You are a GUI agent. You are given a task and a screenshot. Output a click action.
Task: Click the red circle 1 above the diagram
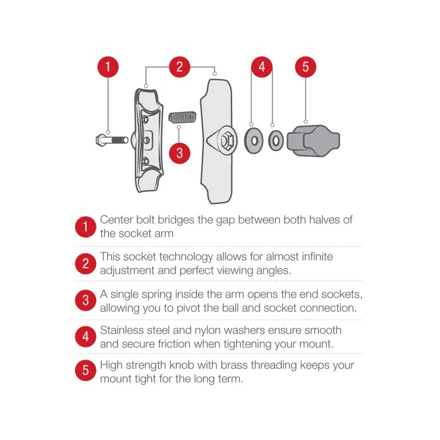(108, 67)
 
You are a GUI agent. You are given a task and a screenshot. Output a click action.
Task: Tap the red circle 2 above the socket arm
(180, 67)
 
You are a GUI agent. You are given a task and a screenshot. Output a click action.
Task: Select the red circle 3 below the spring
(180, 153)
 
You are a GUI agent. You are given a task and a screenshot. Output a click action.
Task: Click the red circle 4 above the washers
(262, 67)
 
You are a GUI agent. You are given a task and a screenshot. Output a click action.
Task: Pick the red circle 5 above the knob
(306, 67)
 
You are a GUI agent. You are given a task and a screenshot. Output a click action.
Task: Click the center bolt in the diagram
(112, 140)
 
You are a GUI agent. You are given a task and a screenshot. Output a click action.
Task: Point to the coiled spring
(183, 118)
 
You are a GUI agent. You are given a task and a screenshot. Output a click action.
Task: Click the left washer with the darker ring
(254, 141)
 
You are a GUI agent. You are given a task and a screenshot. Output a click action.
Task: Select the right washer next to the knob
(276, 141)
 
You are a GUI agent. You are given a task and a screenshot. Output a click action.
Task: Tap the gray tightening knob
(313, 141)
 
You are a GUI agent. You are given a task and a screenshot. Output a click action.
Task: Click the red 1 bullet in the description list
(86, 227)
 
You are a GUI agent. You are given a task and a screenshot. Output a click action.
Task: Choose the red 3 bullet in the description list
(86, 300)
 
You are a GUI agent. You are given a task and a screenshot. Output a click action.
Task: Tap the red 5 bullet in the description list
(86, 370)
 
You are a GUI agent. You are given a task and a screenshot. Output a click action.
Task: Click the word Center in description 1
(116, 219)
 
